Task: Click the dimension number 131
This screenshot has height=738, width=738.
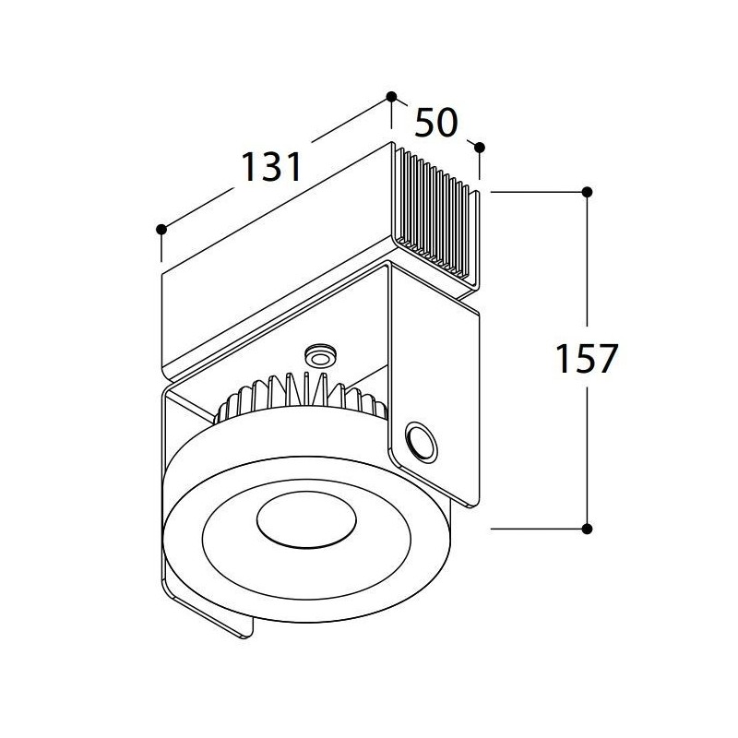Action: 271,167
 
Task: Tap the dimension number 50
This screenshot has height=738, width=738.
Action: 435,123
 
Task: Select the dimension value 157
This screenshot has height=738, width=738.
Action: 586,358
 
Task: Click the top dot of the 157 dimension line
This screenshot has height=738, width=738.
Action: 587,192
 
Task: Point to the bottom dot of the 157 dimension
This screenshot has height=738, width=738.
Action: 587,529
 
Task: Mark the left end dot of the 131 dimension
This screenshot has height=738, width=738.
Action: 161,229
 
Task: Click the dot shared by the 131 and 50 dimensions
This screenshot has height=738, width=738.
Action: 391,97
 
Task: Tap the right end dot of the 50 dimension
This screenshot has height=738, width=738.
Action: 480,148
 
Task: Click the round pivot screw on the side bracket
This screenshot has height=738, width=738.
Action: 421,443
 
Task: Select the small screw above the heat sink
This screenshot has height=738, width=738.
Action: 320,356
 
